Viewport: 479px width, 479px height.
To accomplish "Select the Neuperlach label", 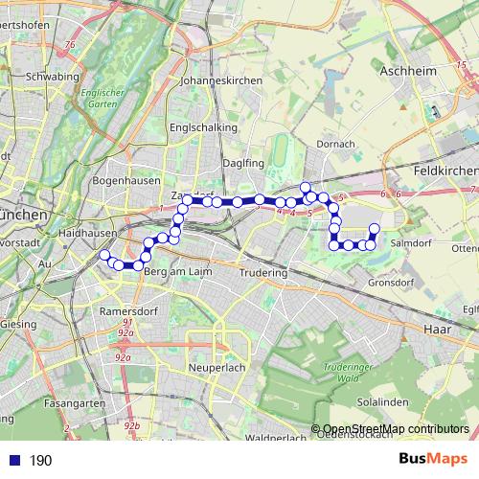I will point(219,368).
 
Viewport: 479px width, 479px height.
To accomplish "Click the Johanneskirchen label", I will point(221,81).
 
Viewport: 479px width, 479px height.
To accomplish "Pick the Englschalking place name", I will point(198,126).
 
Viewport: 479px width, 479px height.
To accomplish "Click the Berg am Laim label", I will point(170,273).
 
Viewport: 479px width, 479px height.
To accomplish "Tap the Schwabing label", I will point(53,76).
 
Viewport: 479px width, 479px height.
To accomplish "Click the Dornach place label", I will point(336,144).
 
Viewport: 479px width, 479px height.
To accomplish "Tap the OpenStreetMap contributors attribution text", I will point(396,429).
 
